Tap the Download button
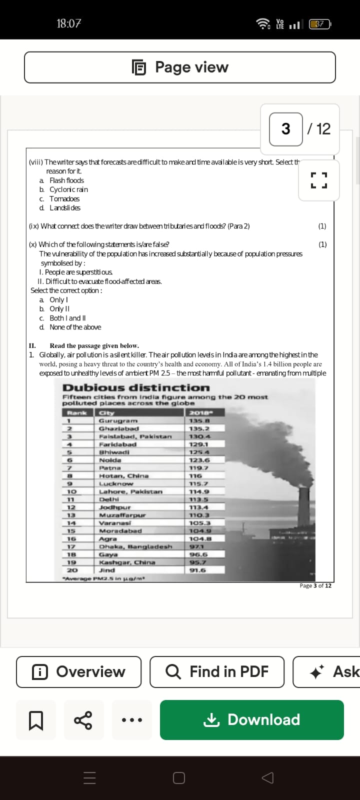(252, 719)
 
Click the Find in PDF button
(217, 671)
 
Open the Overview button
(79, 671)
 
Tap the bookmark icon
(36, 720)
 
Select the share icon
(83, 720)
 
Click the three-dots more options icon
(132, 720)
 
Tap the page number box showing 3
(285, 129)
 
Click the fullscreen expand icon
(318, 180)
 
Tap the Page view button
(180, 67)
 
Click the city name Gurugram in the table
(118, 421)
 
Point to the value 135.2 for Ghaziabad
(199, 428)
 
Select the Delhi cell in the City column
(109, 499)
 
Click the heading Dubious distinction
(136, 387)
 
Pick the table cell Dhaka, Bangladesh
(135, 546)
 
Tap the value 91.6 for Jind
(198, 570)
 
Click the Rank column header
(77, 413)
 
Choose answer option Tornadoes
(64, 198)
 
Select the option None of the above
(75, 327)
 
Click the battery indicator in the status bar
(320, 23)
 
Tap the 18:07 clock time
(68, 23)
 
